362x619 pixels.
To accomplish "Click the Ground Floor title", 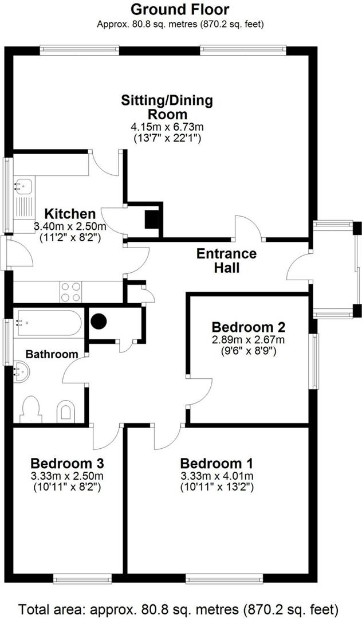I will [x=180, y=10].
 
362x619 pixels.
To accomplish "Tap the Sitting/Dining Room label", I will [x=167, y=107].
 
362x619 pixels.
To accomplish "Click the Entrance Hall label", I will [x=226, y=260].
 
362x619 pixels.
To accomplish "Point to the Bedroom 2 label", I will [x=249, y=327].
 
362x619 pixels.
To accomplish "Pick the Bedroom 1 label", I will [x=217, y=463].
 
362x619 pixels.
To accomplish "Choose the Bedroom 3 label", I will [x=67, y=463].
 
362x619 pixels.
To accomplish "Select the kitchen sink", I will [x=25, y=185].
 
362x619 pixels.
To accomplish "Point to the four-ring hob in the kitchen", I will [x=70, y=292].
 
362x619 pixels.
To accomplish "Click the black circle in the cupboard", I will [x=99, y=322].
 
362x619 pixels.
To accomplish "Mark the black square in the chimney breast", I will [x=151, y=220].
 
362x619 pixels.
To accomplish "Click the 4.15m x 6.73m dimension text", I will [x=167, y=126].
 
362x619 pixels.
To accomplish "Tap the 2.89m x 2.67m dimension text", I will [x=249, y=339].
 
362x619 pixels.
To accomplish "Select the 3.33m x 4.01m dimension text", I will [x=217, y=476].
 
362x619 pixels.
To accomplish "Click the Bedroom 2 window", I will [x=313, y=361].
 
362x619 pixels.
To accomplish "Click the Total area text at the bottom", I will [x=180, y=608].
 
